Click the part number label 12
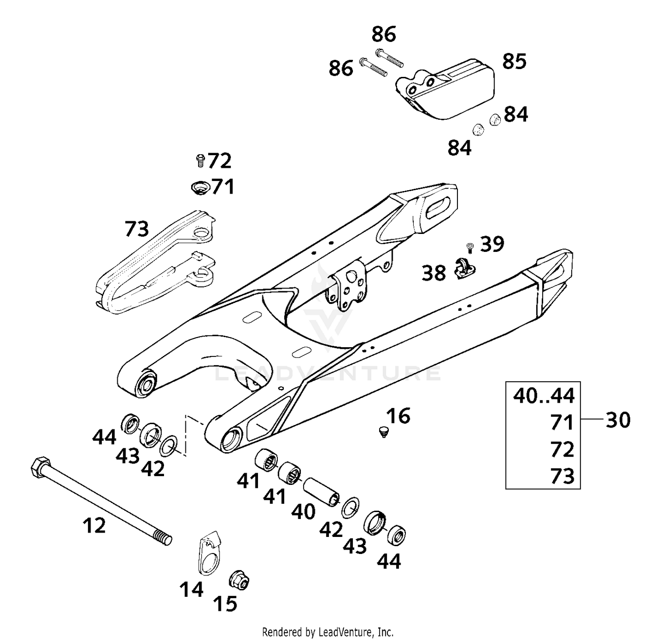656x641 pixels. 94,525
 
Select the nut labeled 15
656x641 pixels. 239,581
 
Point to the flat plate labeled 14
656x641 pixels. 208,552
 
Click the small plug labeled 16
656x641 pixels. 384,432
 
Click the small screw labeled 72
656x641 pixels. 200,161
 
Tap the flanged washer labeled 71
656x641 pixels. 200,188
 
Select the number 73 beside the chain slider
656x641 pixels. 136,229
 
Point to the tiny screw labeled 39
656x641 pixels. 470,247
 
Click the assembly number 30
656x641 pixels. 618,420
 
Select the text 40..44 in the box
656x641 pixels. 544,396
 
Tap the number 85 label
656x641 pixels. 514,62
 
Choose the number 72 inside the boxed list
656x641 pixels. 562,449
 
